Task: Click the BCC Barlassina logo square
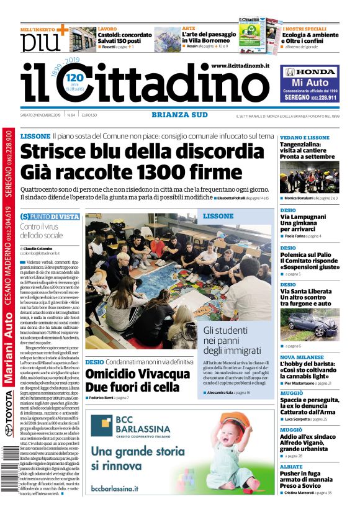click(x=101, y=425)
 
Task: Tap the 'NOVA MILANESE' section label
click(x=305, y=357)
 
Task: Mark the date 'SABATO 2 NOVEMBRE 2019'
click(x=42, y=115)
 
